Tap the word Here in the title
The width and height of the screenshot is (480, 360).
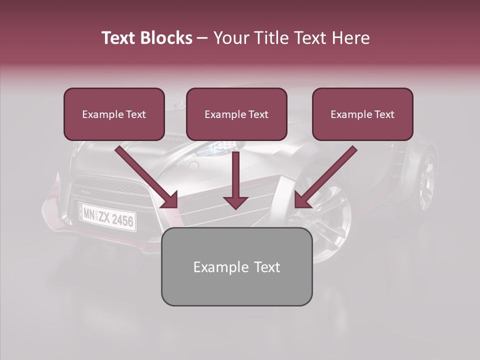point(349,38)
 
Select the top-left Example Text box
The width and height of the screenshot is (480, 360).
point(114,114)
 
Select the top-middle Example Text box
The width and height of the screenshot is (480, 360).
point(236,114)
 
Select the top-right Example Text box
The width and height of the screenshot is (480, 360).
point(362,114)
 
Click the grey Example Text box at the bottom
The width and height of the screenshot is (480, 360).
point(236,266)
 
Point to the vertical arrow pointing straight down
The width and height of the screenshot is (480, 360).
point(235,180)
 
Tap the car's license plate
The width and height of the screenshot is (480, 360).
point(107,216)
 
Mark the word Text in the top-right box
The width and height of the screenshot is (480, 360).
point(384,114)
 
